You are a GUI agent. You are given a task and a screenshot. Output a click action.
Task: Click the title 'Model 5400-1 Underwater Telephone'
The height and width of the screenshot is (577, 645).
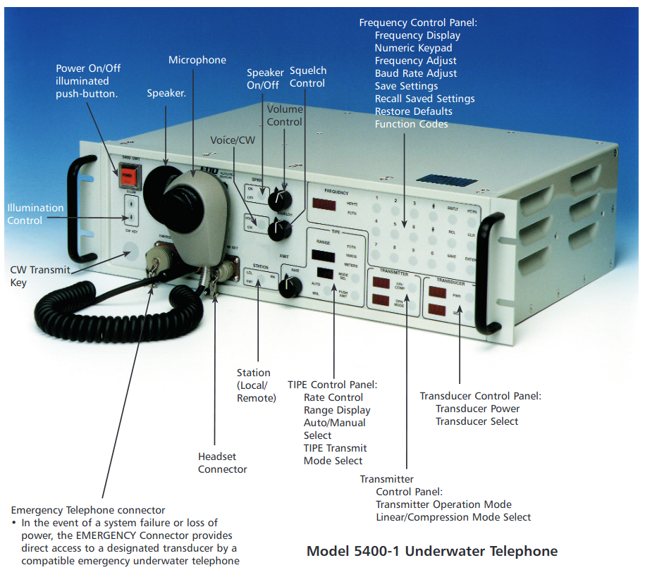(x=432, y=551)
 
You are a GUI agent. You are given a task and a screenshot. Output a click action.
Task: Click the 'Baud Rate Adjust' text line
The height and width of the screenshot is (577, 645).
(x=416, y=73)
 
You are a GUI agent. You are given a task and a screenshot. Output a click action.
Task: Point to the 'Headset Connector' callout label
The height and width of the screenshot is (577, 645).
(x=223, y=463)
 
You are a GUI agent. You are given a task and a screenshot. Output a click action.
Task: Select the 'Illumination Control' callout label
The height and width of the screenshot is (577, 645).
(x=35, y=214)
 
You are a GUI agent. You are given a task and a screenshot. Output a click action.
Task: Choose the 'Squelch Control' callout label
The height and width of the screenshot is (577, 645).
(x=308, y=77)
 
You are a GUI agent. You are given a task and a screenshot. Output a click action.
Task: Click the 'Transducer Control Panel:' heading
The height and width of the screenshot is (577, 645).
(x=480, y=396)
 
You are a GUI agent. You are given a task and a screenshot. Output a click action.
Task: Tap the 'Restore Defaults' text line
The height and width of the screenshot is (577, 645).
(x=414, y=111)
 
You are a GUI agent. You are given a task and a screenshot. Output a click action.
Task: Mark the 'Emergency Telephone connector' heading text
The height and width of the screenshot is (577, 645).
(x=88, y=510)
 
